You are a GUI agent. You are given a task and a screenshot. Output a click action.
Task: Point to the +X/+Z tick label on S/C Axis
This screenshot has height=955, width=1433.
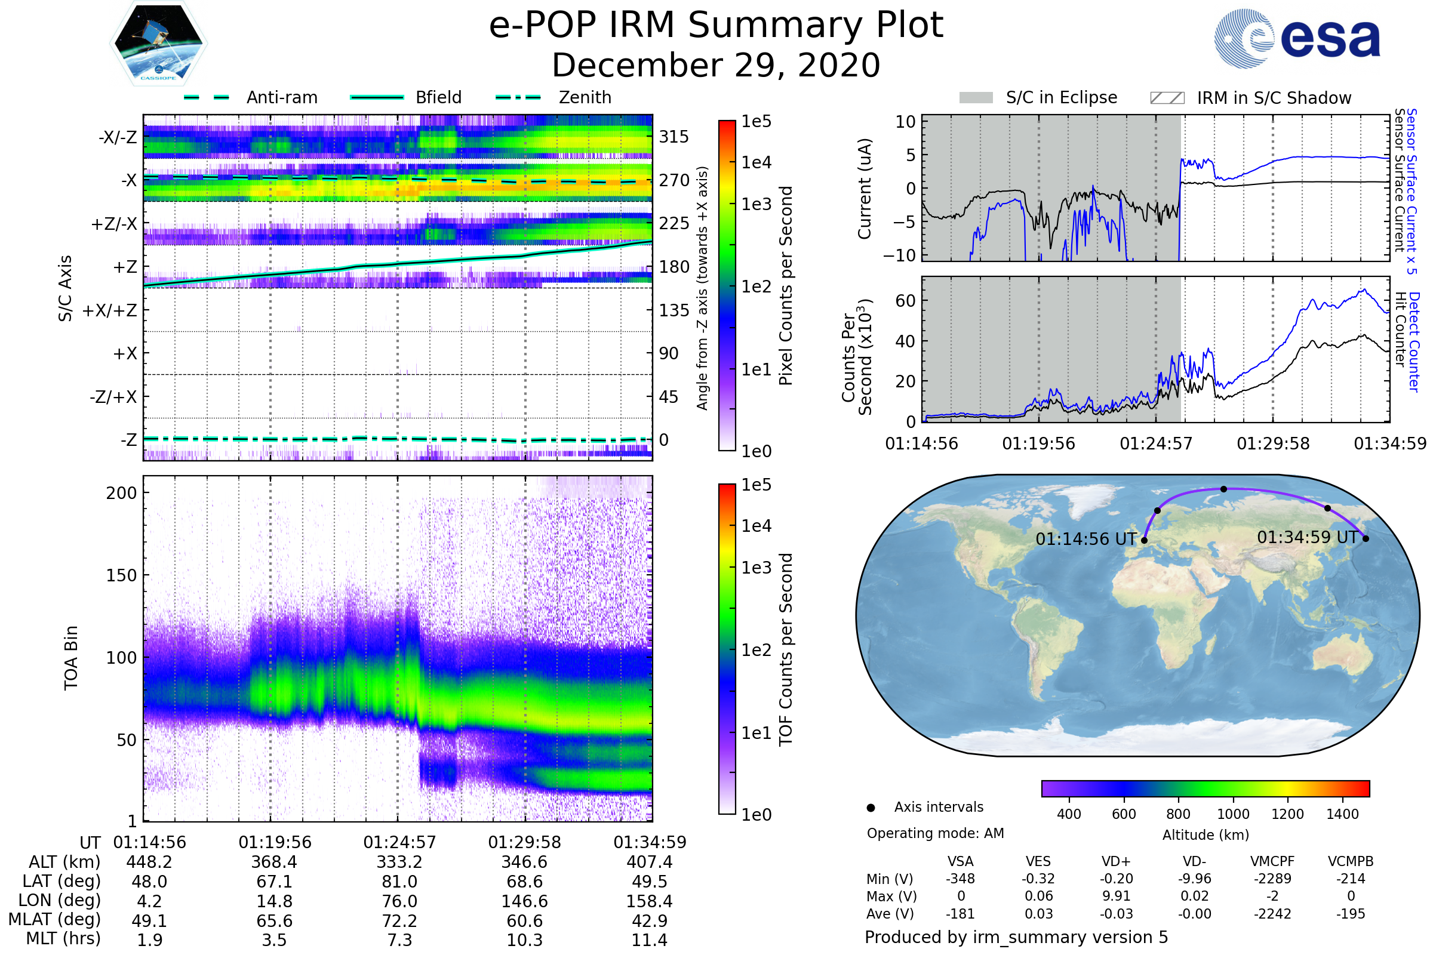tap(110, 310)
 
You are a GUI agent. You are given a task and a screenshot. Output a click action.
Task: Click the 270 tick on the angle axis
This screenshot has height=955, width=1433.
tap(674, 180)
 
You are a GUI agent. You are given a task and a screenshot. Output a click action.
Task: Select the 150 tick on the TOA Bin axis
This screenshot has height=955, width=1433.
tap(121, 575)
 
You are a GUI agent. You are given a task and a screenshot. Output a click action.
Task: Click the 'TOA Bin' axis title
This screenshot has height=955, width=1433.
tap(71, 658)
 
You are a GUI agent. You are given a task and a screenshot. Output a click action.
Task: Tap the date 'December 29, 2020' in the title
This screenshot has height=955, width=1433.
tap(716, 65)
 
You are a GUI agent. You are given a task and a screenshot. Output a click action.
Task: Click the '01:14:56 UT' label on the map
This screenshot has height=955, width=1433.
tap(1085, 539)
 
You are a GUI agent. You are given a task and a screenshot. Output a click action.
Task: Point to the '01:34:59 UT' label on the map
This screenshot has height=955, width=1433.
tap(1308, 537)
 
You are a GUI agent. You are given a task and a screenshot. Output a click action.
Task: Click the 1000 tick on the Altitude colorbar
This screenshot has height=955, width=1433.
tap(1232, 814)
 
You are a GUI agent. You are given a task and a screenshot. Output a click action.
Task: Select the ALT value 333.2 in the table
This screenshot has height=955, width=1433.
tap(399, 862)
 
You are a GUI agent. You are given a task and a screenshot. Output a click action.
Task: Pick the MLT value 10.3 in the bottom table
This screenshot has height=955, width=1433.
tap(525, 939)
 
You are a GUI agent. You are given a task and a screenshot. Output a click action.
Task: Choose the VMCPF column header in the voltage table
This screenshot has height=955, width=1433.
tap(1272, 861)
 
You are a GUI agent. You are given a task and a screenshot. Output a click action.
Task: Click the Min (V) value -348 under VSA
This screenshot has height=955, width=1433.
tap(960, 879)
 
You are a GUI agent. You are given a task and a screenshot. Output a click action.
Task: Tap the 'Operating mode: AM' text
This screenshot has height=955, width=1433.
tap(935, 833)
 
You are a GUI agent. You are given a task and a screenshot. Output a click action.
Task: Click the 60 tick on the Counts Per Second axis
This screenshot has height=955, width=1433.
tap(905, 300)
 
